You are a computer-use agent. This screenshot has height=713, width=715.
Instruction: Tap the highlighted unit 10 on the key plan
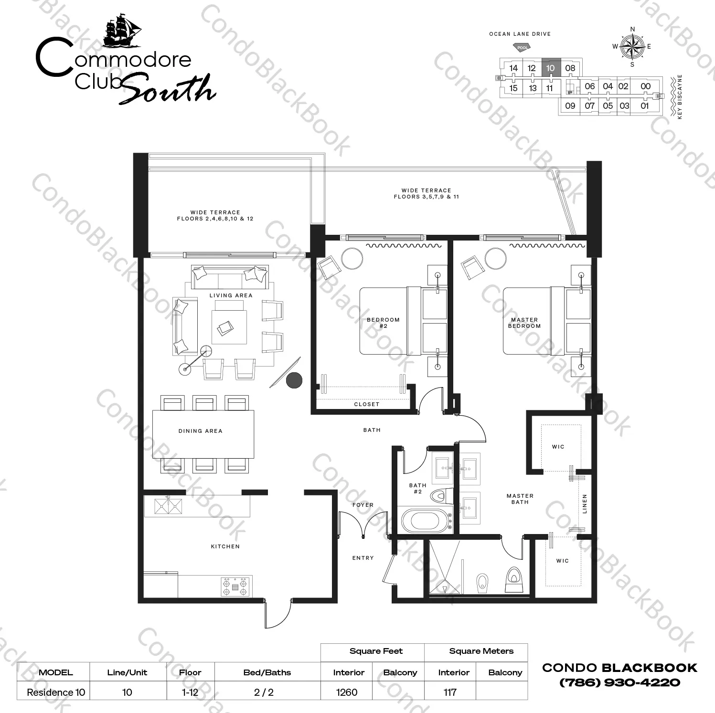[551, 68]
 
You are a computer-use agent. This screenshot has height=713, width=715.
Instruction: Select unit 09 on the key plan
[570, 106]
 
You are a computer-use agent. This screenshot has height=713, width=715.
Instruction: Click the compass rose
[632, 46]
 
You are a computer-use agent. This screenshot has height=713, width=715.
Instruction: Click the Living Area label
[231, 295]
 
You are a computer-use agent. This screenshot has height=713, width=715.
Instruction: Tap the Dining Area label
[201, 431]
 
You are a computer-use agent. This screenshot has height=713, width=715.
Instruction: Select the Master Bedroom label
[524, 323]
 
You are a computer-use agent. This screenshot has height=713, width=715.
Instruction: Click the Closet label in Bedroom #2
[367, 404]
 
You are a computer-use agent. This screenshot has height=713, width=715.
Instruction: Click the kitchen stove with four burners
[235, 586]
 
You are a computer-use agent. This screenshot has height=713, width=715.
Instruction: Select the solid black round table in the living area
[294, 380]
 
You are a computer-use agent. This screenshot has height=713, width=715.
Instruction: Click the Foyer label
[363, 505]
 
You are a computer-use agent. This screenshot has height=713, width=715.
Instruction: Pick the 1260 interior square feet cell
[346, 692]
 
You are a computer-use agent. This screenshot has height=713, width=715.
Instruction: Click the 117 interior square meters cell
[450, 692]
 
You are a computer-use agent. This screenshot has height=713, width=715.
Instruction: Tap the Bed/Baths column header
[267, 672]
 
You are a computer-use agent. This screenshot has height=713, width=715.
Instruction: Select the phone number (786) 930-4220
[619, 682]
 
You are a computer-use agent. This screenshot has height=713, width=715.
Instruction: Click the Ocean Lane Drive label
[520, 34]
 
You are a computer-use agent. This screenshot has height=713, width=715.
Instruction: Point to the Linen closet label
[585, 503]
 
